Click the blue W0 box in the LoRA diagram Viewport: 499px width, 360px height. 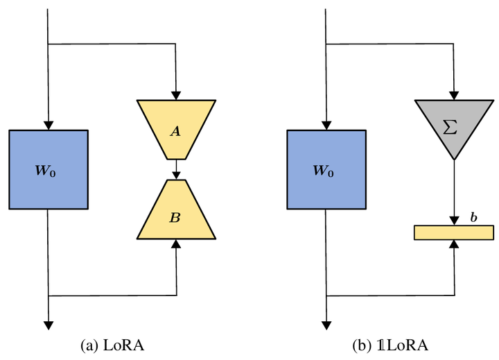(49, 169)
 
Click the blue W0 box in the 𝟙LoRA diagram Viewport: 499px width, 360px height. (326, 169)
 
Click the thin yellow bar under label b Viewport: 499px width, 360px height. (454, 232)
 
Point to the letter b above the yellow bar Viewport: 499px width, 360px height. (473, 218)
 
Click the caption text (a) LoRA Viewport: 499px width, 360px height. (113, 345)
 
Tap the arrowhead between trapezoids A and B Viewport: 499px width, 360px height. (176, 175)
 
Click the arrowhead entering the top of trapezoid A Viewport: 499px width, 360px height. (176, 96)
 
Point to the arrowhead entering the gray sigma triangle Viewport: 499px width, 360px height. (454, 96)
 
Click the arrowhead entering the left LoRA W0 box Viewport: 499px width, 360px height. (49, 125)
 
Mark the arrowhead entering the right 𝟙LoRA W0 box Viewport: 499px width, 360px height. (326, 125)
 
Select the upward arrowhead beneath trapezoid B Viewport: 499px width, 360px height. (176, 243)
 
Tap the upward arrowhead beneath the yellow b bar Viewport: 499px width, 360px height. (454, 245)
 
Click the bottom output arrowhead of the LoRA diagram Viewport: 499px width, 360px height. (49, 324)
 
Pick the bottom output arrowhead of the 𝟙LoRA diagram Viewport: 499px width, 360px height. (326, 324)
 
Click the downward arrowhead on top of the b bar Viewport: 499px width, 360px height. (454, 221)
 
